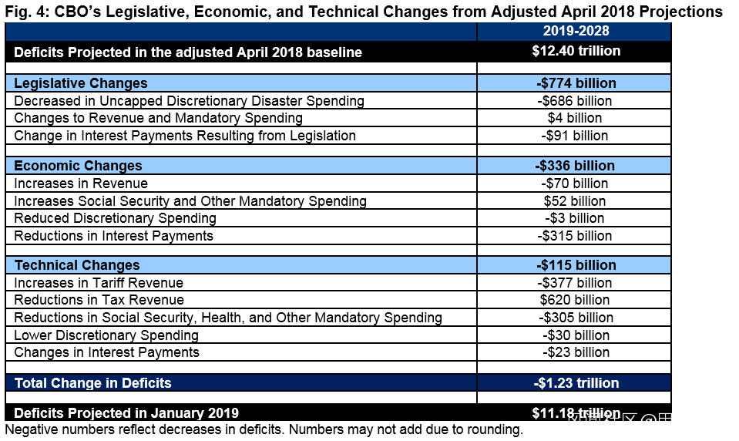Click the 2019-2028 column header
click(x=575, y=31)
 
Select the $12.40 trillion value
click(x=575, y=52)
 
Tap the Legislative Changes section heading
click(x=81, y=83)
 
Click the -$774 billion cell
click(x=575, y=83)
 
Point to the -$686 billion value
click(x=575, y=101)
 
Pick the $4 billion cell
click(x=575, y=118)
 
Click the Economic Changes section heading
click(x=78, y=166)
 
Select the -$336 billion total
click(x=575, y=166)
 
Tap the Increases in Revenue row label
click(x=81, y=183)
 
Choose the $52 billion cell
click(x=575, y=201)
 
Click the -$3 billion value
click(x=575, y=218)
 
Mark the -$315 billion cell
click(x=575, y=236)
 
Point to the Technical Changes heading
click(x=77, y=265)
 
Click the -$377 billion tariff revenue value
click(x=575, y=283)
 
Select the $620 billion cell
click(x=575, y=300)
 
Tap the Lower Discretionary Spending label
click(x=106, y=335)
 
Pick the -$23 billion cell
click(x=575, y=352)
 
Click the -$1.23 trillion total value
click(x=575, y=383)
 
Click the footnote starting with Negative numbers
click(x=264, y=429)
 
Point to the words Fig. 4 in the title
click(x=22, y=12)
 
